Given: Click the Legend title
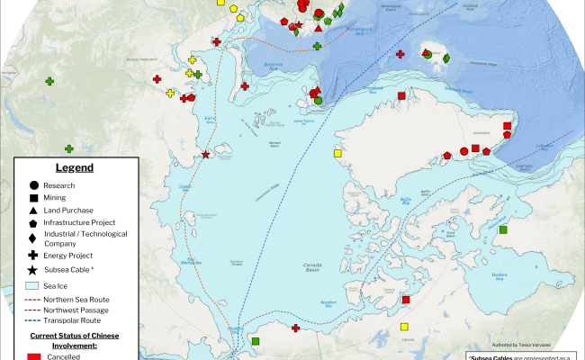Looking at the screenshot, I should click(x=74, y=167).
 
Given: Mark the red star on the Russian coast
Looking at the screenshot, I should click(x=206, y=155).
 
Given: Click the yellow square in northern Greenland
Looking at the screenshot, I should click(x=337, y=154).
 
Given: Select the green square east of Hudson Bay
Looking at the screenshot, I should click(x=503, y=230).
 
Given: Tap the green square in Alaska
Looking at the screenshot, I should click(x=256, y=341).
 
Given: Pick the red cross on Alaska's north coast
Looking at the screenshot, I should click(x=296, y=328).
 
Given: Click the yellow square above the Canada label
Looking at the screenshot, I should click(x=404, y=327).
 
